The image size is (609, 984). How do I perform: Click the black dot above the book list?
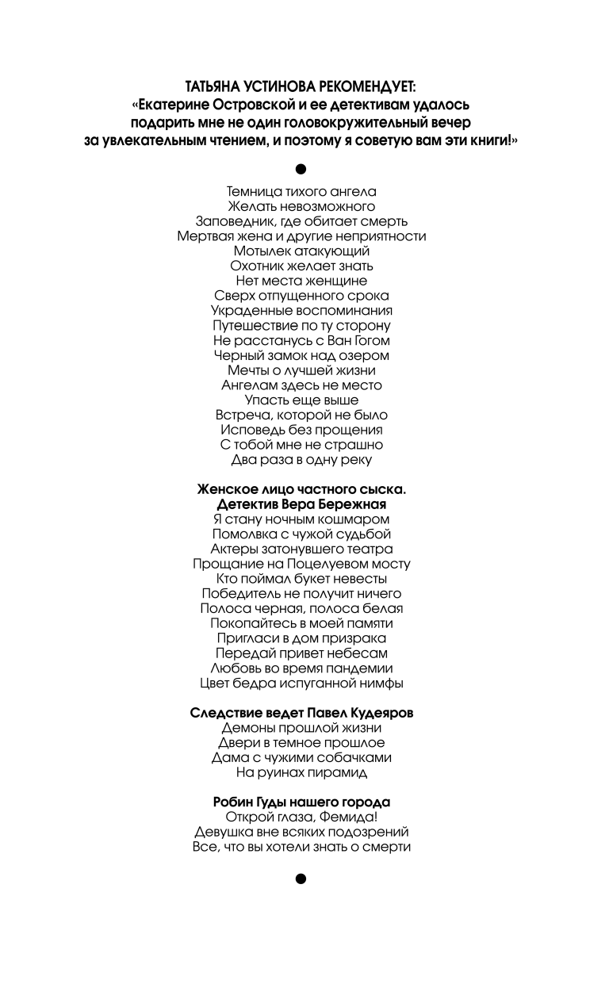301,168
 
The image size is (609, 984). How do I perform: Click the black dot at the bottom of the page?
301,878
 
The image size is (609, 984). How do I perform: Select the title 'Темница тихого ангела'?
301,191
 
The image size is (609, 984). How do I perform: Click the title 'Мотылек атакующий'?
301,251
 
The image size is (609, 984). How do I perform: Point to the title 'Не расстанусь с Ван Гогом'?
301,341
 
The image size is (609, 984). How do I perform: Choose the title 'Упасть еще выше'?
301,400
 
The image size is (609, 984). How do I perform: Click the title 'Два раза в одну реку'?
301,460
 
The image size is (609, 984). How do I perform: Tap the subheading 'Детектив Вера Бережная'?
301,504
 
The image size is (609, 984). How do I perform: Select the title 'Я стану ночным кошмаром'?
301,519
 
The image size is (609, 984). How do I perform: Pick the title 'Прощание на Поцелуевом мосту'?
301,564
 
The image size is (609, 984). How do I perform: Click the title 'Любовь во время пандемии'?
301,668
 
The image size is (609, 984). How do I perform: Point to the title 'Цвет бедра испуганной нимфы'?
301,683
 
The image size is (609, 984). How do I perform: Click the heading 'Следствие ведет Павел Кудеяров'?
301,713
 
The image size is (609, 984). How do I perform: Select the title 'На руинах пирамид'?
301,772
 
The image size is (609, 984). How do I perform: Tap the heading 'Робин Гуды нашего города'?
301,802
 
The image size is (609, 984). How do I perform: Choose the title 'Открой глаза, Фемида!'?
301,817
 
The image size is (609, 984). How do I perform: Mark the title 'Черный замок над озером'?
301,356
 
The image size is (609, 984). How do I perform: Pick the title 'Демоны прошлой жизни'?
301,728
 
